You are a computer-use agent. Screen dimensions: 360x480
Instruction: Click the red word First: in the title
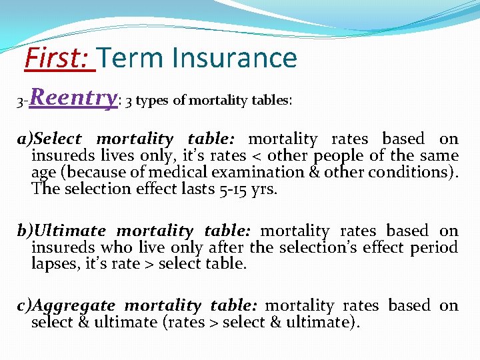[x=58, y=58]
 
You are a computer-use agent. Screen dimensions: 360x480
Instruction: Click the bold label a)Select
[x=49, y=139]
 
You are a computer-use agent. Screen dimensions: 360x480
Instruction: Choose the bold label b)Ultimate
[x=61, y=231]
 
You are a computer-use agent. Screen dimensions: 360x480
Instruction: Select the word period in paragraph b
[x=436, y=247]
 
